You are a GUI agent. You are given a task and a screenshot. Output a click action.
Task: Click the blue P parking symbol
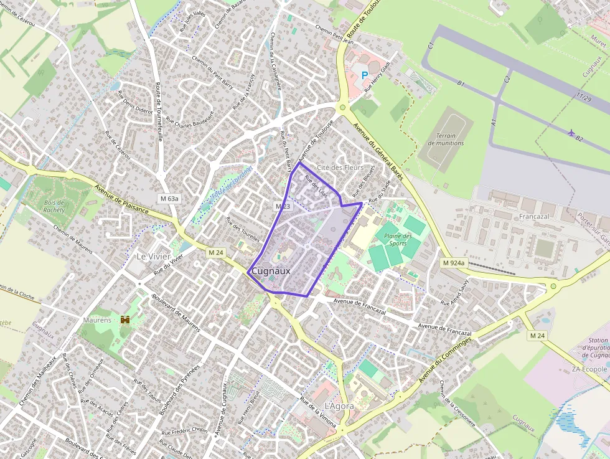(365, 75)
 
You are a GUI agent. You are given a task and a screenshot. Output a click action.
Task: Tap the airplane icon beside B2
(571, 132)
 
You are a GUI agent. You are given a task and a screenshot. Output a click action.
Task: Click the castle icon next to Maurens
(125, 319)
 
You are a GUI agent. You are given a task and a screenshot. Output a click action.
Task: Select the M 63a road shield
(169, 199)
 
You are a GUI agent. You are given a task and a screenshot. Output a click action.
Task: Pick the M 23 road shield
(283, 206)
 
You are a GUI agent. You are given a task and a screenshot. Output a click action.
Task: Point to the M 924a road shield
(453, 263)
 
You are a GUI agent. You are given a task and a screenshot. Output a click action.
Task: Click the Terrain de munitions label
(446, 140)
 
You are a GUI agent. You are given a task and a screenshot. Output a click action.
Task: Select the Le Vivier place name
(152, 257)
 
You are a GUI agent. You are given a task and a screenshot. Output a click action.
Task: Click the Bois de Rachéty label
(54, 206)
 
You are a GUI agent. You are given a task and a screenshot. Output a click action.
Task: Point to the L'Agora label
(339, 406)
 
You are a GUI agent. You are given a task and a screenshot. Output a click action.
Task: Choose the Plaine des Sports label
(398, 240)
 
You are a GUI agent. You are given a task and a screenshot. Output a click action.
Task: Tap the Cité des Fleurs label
(340, 168)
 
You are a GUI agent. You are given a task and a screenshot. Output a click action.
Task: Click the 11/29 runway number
(584, 98)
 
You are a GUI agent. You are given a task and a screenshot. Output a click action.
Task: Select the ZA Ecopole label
(589, 369)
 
